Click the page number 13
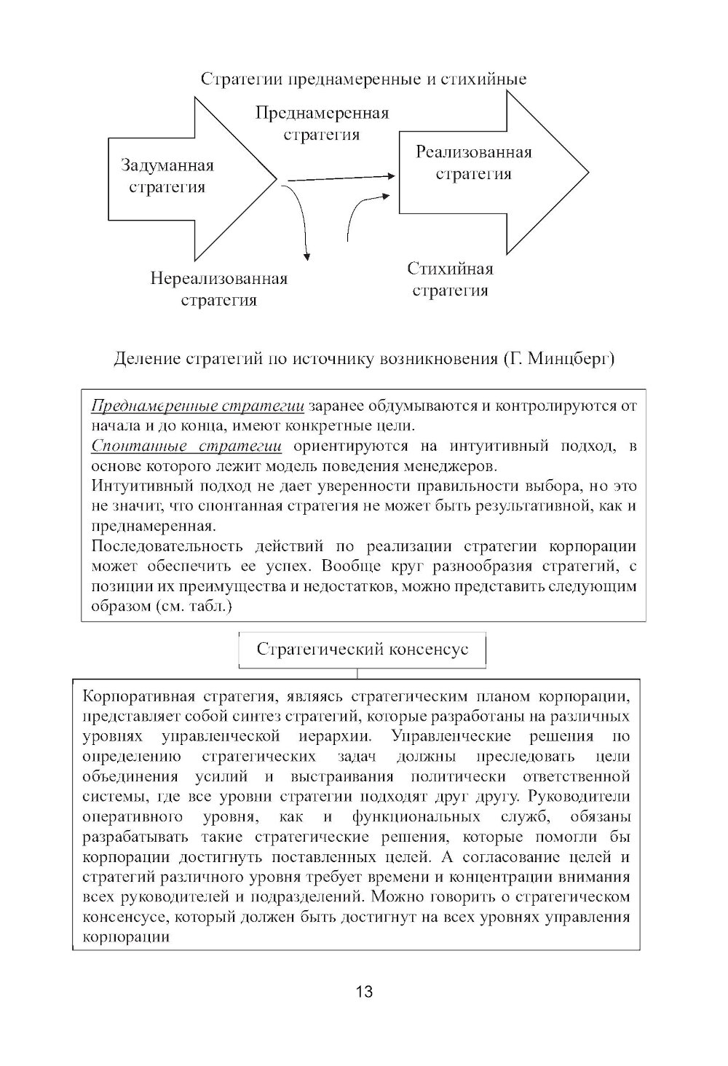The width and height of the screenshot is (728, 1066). coord(364,991)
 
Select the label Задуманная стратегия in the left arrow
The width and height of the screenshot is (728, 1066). coord(167,176)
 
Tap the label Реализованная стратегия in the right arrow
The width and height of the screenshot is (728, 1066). coord(473,162)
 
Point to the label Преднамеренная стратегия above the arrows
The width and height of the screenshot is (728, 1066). coord(322,124)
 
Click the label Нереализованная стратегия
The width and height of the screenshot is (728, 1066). coord(218,289)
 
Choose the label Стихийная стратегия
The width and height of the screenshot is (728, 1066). coord(450,280)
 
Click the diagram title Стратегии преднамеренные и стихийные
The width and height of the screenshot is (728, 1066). coord(363,79)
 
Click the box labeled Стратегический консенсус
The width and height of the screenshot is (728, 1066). coord(363,650)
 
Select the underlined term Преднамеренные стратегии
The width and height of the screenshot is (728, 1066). coord(197,406)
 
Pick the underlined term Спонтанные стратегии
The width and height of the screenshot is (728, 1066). coord(186,446)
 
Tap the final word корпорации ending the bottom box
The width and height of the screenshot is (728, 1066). coord(127,937)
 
